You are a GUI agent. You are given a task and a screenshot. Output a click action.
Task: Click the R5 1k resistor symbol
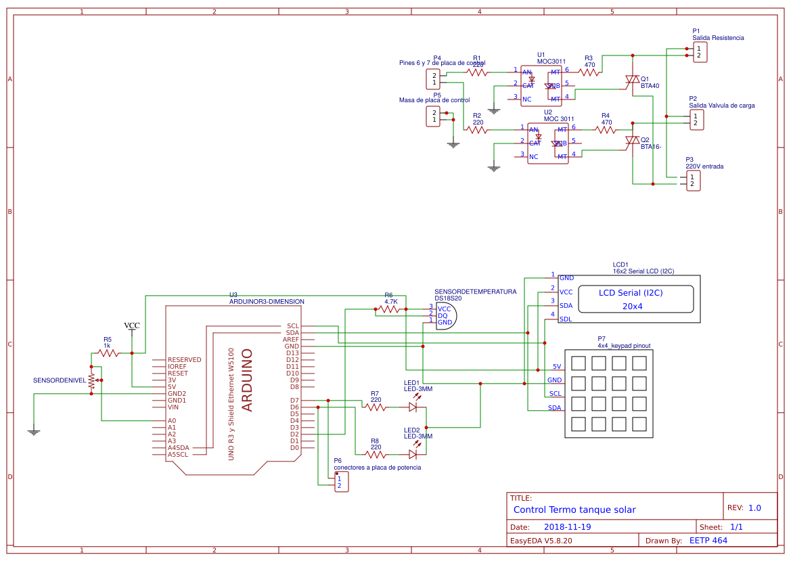pos(108,353)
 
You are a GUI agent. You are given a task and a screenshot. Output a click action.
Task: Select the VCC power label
pos(132,326)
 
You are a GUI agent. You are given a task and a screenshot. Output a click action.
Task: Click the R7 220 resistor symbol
pos(376,407)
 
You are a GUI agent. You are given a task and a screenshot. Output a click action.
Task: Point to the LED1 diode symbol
pos(413,407)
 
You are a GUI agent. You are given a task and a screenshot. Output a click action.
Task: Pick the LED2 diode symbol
pos(413,454)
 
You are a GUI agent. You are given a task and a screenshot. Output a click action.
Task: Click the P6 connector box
pos(342,483)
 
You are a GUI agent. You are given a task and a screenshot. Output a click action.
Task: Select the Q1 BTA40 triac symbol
pos(632,81)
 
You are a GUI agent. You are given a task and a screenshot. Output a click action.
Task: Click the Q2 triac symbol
pos(632,141)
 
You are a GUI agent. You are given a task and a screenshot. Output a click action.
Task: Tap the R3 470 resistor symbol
pos(589,72)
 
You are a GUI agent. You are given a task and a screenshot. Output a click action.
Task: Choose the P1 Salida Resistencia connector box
pos(700,52)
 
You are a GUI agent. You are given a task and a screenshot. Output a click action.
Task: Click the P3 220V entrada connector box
pos(693,181)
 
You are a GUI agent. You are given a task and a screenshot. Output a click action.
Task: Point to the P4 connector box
pos(432,78)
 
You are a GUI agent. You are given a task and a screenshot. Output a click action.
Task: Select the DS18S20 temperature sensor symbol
pos(447,315)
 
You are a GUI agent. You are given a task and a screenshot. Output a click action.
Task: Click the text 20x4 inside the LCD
pos(632,306)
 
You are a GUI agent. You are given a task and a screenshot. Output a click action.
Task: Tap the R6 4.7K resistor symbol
pos(390,309)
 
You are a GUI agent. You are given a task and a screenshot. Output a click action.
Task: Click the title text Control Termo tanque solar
pos(574,510)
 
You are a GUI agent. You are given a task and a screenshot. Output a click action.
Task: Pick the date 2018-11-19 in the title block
pos(567,526)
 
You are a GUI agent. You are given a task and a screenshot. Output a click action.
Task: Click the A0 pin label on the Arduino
pos(172,421)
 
